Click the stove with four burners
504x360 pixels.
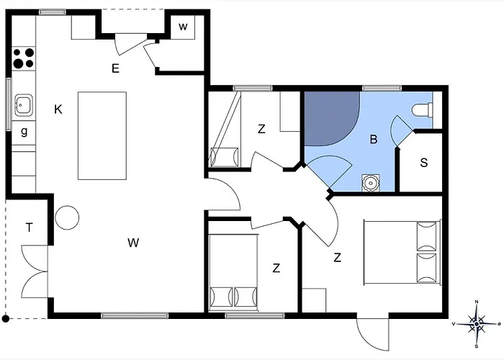24,58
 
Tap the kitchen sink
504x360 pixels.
24,106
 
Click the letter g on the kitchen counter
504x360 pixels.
24,132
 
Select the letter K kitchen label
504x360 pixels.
58,109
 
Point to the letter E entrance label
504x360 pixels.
114,68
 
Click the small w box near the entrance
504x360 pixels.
183,27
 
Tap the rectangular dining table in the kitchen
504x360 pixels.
102,135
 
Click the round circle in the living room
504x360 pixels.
67,216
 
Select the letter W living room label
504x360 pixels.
133,243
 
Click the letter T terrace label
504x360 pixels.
30,228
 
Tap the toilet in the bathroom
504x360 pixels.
421,111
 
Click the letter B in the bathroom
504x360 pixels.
373,140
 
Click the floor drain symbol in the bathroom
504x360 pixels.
371,182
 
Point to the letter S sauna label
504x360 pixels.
423,163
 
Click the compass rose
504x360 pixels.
476,323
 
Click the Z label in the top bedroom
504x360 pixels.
261,130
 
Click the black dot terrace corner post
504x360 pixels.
6,318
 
